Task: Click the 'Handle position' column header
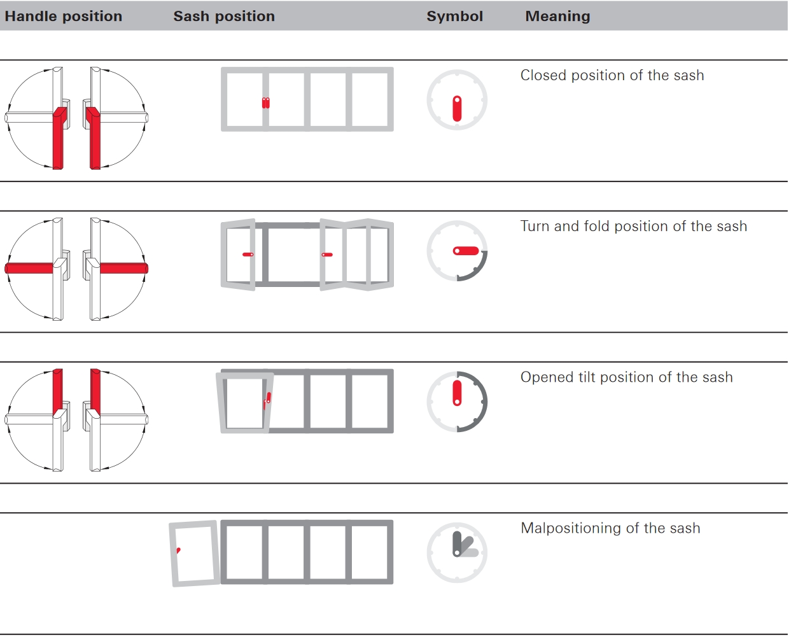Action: pos(63,17)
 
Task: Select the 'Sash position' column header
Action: pos(224,17)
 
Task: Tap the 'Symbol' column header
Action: pos(454,17)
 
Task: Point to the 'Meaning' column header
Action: pos(557,17)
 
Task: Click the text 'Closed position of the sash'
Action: pos(612,75)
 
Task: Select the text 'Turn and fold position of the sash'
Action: pos(634,226)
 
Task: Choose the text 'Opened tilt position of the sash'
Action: pos(627,377)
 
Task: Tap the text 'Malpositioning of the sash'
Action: pos(610,528)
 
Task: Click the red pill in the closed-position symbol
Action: pos(457,108)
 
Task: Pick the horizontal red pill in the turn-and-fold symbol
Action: pos(466,251)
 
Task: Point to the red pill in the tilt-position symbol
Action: pos(457,393)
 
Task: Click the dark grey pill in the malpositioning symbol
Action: pos(457,544)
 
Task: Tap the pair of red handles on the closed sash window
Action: pos(266,103)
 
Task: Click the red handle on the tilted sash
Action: pos(267,400)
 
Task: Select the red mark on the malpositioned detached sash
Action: pos(179,550)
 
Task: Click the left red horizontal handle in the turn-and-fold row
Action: pos(29,269)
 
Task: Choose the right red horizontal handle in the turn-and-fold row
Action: pos(124,269)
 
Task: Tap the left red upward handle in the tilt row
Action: pos(58,393)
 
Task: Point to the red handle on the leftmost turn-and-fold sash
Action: pos(248,255)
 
